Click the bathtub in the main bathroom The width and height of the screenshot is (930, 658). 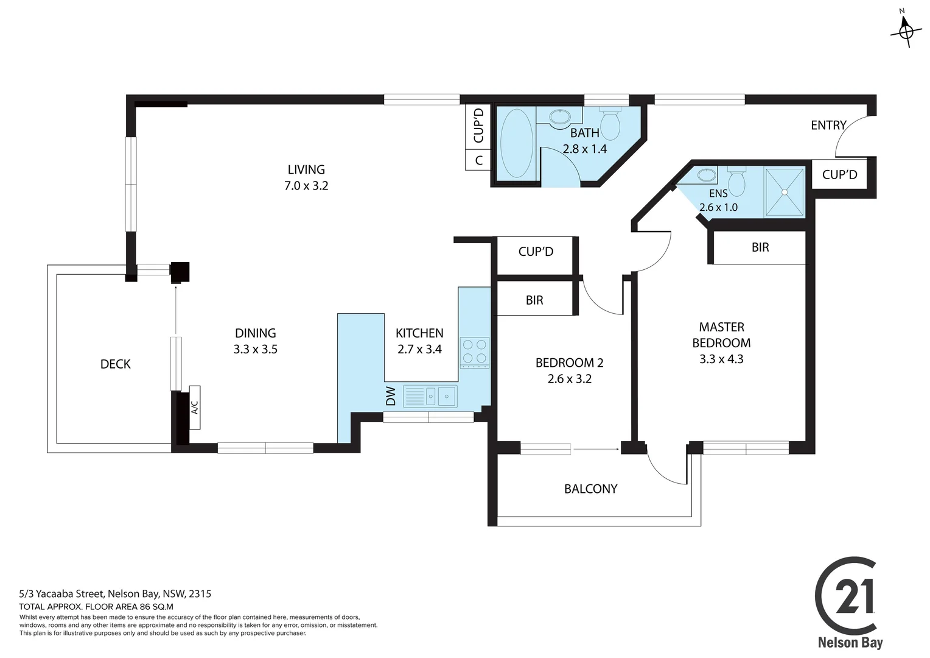tap(516, 144)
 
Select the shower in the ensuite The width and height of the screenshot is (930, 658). tap(784, 192)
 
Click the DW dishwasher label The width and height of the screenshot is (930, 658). tap(391, 397)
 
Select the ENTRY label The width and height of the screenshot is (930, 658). tap(828, 125)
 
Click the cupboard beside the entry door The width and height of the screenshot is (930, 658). tap(839, 175)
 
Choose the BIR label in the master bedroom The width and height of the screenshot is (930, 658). tap(760, 247)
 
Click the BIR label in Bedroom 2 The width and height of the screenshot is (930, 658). tap(534, 300)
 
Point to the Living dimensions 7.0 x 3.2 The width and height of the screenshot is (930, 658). tap(306, 186)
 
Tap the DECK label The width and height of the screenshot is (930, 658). tap(116, 364)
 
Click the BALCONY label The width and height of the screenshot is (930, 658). tap(590, 489)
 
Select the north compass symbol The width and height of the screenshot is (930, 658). tap(905, 29)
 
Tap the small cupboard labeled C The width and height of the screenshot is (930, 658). tap(478, 160)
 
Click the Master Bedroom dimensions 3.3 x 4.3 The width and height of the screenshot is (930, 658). tap(721, 359)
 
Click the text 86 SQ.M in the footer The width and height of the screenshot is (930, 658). tap(156, 607)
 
